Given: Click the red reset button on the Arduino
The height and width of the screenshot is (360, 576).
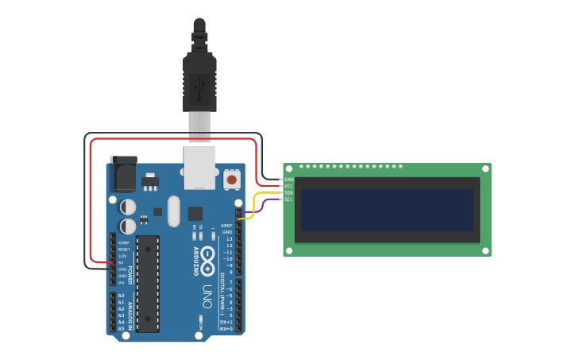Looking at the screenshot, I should point(231,180).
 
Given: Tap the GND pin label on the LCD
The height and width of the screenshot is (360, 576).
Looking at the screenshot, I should point(288,180).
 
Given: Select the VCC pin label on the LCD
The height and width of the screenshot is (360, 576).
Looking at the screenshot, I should point(288,186).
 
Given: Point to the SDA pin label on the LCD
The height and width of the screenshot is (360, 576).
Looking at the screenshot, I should point(288,192).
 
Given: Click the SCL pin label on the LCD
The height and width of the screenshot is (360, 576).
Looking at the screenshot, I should point(288,199).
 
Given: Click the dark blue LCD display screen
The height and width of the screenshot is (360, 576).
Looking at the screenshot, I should point(388,210).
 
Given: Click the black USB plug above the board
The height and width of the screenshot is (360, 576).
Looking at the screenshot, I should point(199,79).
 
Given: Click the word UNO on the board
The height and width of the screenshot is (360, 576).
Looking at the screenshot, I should point(207,296).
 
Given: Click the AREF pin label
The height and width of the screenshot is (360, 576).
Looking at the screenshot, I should point(226,226).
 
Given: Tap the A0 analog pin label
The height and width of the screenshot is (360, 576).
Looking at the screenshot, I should point(121,296).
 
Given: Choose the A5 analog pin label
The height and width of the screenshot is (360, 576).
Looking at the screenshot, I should point(121,328).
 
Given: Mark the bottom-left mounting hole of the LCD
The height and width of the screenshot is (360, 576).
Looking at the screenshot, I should point(288,250).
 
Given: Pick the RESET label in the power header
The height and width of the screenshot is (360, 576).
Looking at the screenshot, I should point(123,249).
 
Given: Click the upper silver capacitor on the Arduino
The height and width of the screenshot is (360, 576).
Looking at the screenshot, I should point(128,207).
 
